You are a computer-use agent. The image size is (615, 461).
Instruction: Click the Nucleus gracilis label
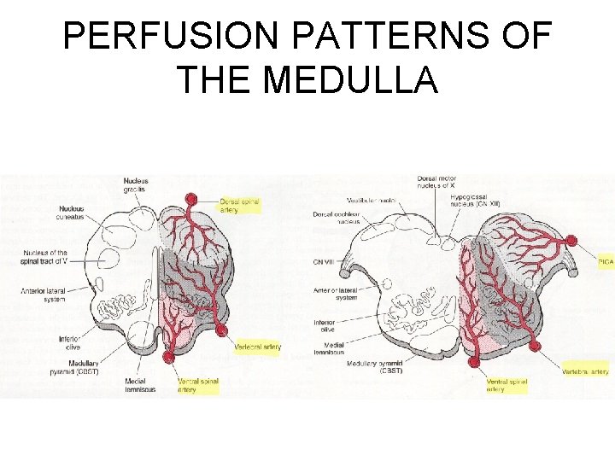[135, 184]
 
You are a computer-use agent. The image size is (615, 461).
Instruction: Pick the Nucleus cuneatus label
[72, 213]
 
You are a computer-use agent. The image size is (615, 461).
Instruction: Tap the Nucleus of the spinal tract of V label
[45, 257]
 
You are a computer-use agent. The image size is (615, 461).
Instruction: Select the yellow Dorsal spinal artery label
[239, 205]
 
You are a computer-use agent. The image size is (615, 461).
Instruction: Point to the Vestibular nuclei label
[370, 199]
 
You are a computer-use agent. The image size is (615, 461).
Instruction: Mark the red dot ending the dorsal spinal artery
[190, 200]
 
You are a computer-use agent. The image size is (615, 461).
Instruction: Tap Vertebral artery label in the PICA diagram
[586, 372]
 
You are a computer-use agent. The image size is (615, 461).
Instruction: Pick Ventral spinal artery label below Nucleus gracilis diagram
[198, 385]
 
